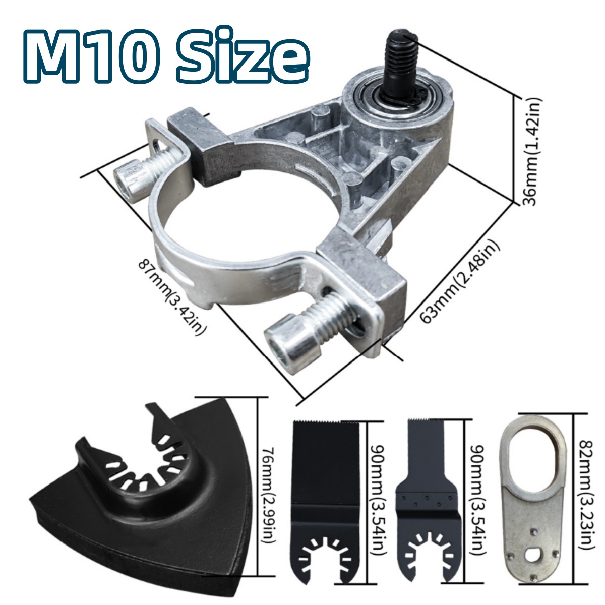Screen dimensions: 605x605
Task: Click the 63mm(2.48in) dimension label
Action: click(x=460, y=282)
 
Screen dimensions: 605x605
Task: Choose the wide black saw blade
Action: click(x=326, y=484)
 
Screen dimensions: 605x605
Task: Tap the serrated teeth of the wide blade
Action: click(x=326, y=421)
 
